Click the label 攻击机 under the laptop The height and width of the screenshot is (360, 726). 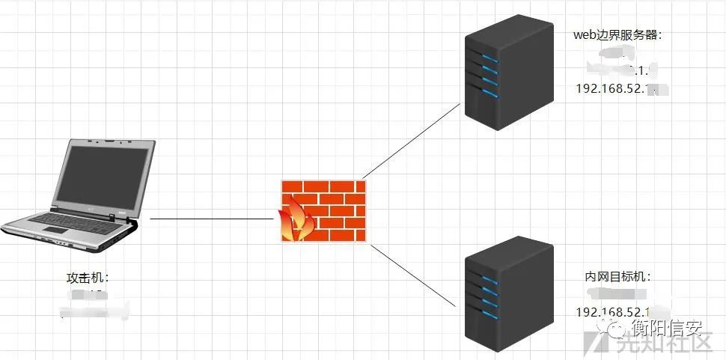[x=88, y=278]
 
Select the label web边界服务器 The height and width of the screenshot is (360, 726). [x=617, y=34]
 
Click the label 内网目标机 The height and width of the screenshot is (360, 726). [x=618, y=277]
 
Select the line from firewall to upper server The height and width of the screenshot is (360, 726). [x=412, y=141]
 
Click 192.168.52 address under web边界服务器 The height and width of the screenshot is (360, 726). [x=610, y=89]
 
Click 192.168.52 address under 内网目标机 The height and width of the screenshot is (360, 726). [x=610, y=311]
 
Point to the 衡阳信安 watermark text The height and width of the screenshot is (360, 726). [x=666, y=327]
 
